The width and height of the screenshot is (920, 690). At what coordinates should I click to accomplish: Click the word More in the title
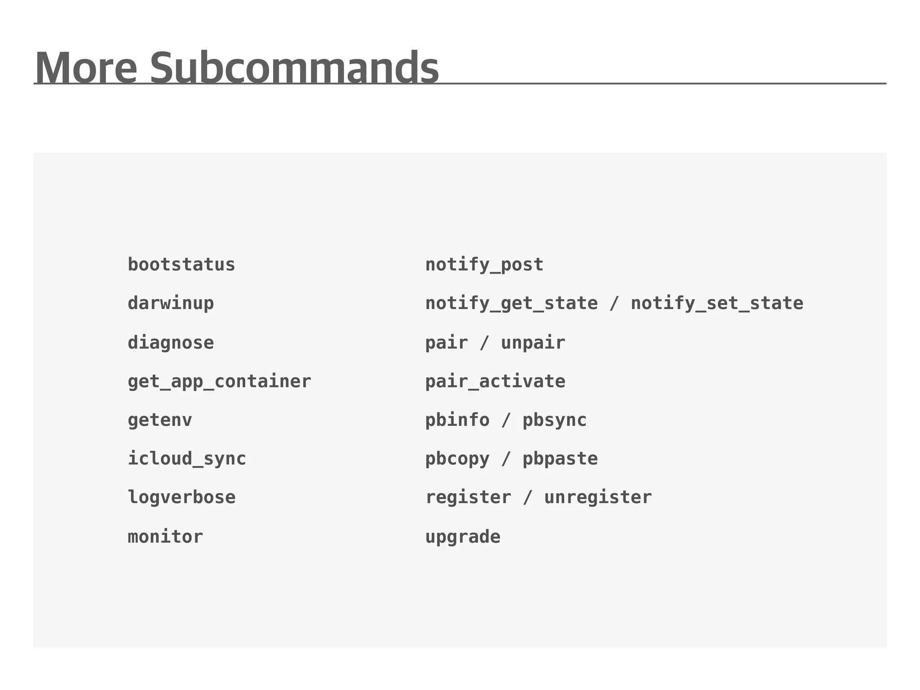pyautogui.click(x=86, y=68)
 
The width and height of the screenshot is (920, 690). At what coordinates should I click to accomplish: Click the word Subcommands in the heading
pyautogui.click(x=294, y=68)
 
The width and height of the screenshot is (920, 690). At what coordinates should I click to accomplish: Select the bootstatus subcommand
pyautogui.click(x=181, y=265)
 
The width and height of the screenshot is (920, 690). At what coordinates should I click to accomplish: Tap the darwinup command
pyautogui.click(x=171, y=304)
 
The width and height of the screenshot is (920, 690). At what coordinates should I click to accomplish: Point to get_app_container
pyautogui.click(x=219, y=382)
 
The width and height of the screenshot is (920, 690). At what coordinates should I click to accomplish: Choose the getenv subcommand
pyautogui.click(x=160, y=420)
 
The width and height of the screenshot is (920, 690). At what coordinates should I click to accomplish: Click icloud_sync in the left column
pyautogui.click(x=187, y=459)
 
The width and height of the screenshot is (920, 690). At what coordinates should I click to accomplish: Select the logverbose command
pyautogui.click(x=181, y=498)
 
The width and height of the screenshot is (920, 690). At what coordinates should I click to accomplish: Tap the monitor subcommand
pyautogui.click(x=165, y=537)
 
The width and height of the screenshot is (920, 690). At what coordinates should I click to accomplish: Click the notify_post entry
pyautogui.click(x=484, y=265)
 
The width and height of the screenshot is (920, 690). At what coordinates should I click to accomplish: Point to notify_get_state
pyautogui.click(x=512, y=304)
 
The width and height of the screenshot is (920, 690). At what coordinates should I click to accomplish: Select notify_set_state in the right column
pyautogui.click(x=717, y=304)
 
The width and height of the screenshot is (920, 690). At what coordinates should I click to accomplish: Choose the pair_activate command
pyautogui.click(x=495, y=382)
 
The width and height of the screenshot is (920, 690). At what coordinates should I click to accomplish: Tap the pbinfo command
pyautogui.click(x=457, y=420)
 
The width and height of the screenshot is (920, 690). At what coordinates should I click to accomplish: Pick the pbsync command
pyautogui.click(x=554, y=420)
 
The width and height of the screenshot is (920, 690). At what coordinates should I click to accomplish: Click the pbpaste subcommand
pyautogui.click(x=560, y=459)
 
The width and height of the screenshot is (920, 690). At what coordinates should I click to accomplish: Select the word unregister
pyautogui.click(x=598, y=498)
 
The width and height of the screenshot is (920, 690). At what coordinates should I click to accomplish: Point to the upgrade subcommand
pyautogui.click(x=463, y=537)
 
